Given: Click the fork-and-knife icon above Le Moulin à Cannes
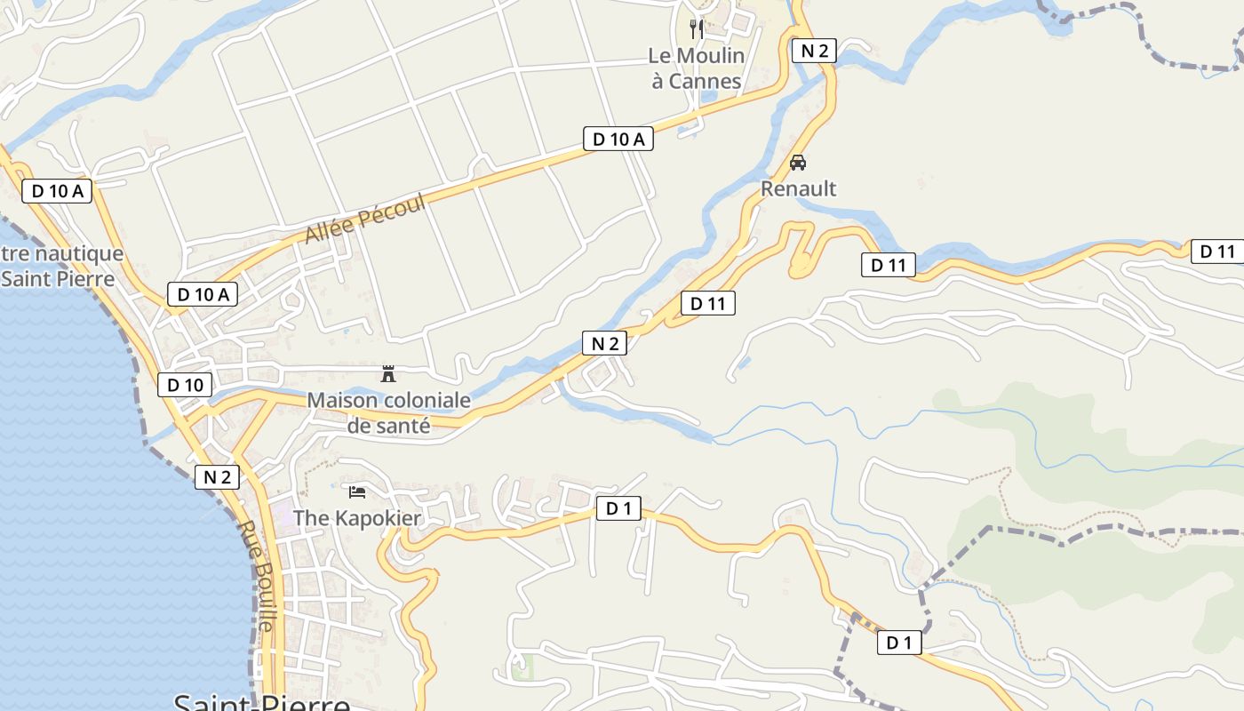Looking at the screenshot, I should point(697,29).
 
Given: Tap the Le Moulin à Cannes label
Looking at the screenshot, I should point(696,68).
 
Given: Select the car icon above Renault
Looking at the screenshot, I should point(798,163).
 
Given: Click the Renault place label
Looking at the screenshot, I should point(798,188).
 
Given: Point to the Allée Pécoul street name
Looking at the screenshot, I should point(365,218).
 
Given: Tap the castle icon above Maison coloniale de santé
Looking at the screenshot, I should point(388,373).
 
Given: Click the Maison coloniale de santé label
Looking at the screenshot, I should point(388,413).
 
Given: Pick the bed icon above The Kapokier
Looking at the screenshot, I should point(357,491).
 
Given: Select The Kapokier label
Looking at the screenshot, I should point(357,517).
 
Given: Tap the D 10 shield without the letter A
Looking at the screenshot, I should point(185,385).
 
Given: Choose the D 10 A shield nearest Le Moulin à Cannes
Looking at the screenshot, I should point(618,139).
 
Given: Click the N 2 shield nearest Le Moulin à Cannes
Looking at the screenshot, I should point(814,51).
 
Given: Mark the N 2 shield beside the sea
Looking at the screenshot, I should point(218,477).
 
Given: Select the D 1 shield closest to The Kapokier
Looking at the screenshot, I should point(618,508).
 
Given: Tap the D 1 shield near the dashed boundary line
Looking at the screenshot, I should point(899,643).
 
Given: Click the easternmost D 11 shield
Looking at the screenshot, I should point(1216,252).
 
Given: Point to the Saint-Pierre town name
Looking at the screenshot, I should point(262,702).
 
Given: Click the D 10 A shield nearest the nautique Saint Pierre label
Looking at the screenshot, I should point(57,191).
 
